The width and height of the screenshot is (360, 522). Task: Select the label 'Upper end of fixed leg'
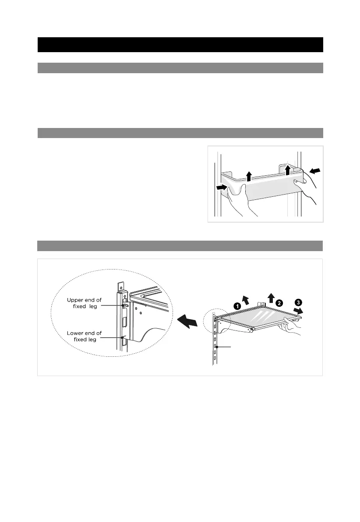click(85, 303)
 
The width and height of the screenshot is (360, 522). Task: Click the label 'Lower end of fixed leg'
click(85, 336)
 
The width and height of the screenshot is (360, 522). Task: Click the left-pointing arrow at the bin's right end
click(314, 170)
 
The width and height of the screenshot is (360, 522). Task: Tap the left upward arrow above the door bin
click(249, 177)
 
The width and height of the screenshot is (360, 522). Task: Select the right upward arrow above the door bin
click(288, 169)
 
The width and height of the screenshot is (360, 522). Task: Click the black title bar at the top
click(180, 45)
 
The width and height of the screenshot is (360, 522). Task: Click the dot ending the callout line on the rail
click(217, 347)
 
